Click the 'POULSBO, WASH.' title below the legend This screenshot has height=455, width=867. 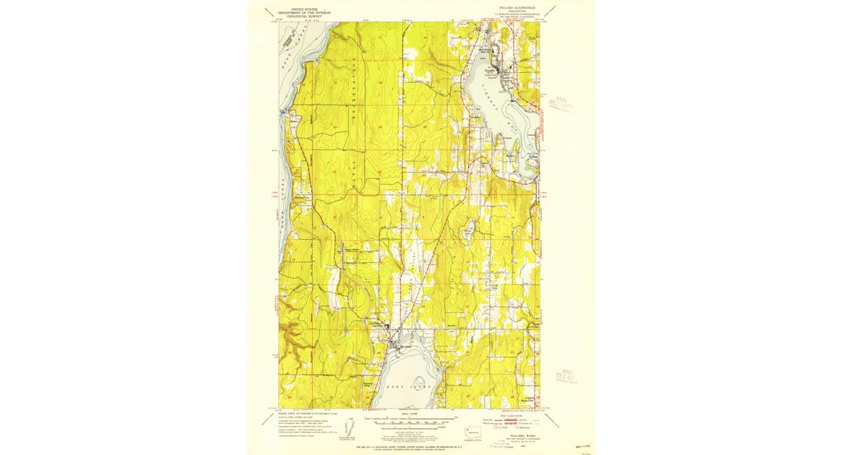click(516, 435)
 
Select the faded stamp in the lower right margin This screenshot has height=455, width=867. click(566, 374)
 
